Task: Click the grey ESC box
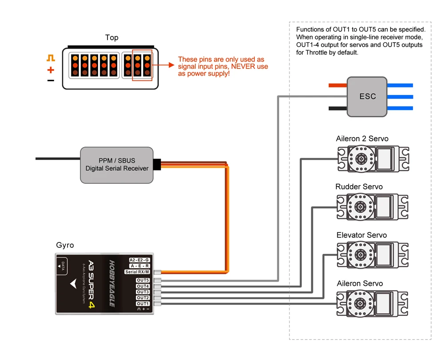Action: click(367, 96)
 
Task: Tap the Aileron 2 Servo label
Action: click(362, 138)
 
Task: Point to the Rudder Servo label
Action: click(359, 187)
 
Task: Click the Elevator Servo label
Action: click(361, 235)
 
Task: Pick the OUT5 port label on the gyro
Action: click(143, 281)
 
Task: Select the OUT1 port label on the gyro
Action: click(143, 304)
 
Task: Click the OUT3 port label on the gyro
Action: click(143, 292)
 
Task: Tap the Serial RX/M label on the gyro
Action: click(138, 272)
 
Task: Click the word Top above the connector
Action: click(112, 38)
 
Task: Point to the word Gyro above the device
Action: click(65, 245)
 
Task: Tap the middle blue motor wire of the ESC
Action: click(400, 97)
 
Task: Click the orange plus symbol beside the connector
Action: click(51, 70)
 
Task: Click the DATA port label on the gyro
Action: click(63, 266)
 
